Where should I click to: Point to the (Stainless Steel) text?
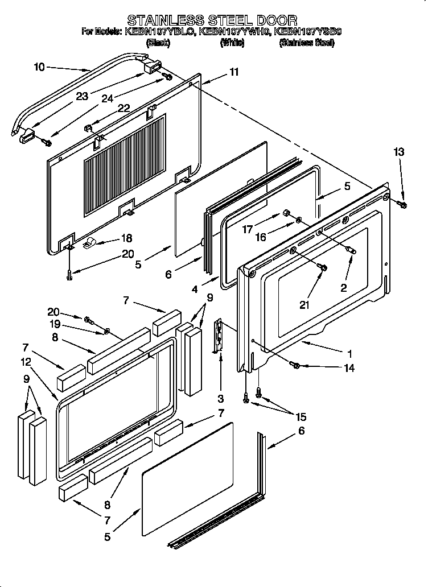306,43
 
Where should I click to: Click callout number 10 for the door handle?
39,67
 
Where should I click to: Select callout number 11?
234,72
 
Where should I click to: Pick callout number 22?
124,108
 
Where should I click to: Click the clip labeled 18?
90,245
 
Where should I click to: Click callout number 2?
343,288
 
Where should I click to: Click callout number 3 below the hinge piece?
220,398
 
